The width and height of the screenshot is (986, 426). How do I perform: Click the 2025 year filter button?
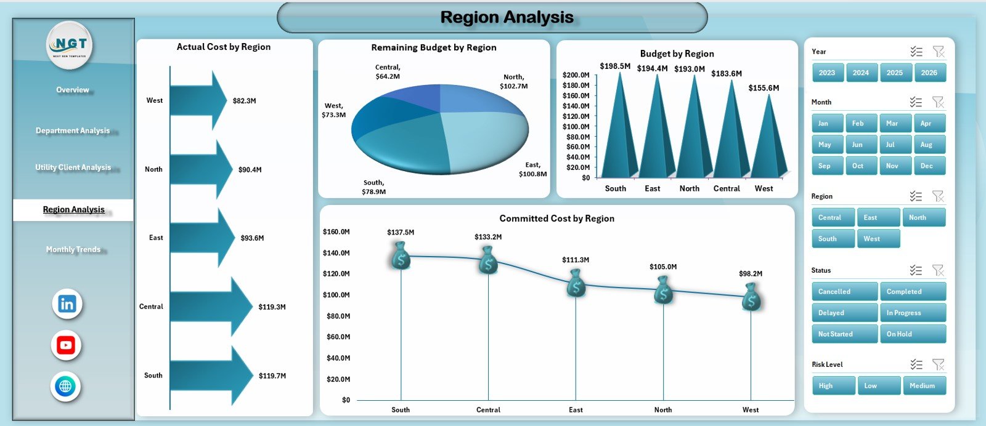[x=895, y=73]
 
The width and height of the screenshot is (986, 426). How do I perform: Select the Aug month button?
[x=929, y=145]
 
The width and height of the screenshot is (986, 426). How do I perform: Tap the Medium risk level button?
[x=924, y=386]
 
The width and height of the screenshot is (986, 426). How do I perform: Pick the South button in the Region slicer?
[x=832, y=239]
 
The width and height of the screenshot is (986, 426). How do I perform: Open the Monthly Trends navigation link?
[x=73, y=249]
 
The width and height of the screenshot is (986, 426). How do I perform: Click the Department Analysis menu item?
[x=73, y=131]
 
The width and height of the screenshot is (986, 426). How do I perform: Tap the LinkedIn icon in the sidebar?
[x=67, y=304]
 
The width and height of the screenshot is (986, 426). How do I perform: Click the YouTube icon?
[x=66, y=345]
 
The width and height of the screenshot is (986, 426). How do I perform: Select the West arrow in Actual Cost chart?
[x=197, y=100]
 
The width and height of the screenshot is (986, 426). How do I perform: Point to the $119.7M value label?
[x=272, y=376]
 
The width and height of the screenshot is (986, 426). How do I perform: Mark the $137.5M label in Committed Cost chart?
[x=401, y=232]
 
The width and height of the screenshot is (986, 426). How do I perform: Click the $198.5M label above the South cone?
[x=615, y=66]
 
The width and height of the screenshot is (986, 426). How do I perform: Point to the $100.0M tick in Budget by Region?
[x=576, y=126]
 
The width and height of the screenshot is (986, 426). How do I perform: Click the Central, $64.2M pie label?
[x=388, y=71]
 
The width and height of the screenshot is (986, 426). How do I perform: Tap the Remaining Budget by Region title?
[x=433, y=47]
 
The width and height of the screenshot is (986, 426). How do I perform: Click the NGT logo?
[x=70, y=45]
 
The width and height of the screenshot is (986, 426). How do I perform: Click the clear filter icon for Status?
[x=938, y=270]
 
